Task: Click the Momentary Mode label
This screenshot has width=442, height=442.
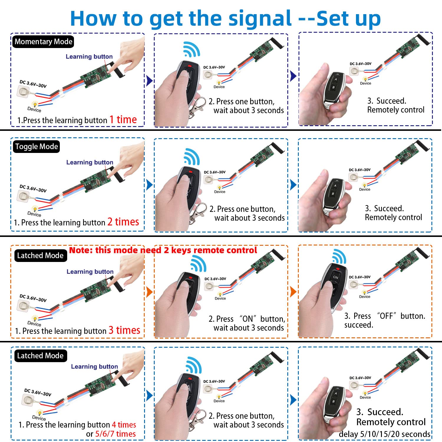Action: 43,42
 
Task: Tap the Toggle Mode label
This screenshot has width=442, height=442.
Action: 37,146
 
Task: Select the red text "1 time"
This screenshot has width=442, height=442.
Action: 123,120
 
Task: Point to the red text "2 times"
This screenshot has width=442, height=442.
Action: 123,222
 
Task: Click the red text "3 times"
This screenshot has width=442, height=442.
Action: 124,330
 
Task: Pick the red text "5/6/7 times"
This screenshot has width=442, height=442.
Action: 115,434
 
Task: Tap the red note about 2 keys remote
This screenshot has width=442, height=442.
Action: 163,250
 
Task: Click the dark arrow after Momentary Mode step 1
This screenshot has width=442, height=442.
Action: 149,80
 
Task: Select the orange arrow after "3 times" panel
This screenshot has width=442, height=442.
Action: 149,292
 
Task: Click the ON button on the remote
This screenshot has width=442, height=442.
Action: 336,277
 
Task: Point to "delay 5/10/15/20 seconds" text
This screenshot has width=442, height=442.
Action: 385,434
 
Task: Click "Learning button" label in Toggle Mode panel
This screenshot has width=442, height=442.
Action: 90,162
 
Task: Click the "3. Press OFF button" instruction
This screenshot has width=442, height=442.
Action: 385,320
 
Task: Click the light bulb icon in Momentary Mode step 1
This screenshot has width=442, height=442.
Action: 35,104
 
